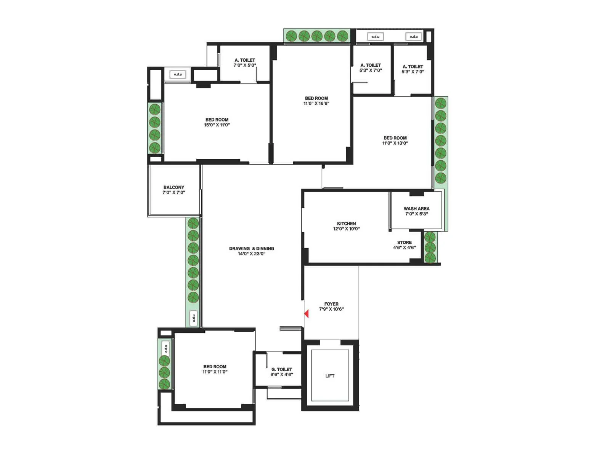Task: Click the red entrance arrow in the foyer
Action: pyautogui.click(x=307, y=314)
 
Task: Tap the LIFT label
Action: pyautogui.click(x=330, y=376)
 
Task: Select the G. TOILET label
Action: pyautogui.click(x=282, y=369)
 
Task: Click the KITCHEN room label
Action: pyautogui.click(x=346, y=224)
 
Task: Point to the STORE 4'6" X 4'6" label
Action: pyautogui.click(x=404, y=245)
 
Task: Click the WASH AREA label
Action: pyautogui.click(x=416, y=209)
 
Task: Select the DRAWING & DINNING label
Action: pyautogui.click(x=252, y=248)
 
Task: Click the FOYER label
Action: pyautogui.click(x=331, y=304)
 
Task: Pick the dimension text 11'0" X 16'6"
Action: pyautogui.click(x=316, y=103)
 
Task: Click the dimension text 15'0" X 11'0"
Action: pyautogui.click(x=217, y=125)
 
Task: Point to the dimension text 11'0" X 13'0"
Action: pyautogui.click(x=395, y=143)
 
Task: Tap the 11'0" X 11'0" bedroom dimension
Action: pyautogui.click(x=215, y=372)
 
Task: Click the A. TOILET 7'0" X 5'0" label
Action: pyautogui.click(x=245, y=62)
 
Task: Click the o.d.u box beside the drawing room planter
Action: pyautogui.click(x=194, y=318)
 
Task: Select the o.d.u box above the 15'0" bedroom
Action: pyautogui.click(x=178, y=74)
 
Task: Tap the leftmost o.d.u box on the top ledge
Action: pyautogui.click(x=375, y=37)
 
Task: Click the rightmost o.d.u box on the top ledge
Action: pyautogui.click(x=414, y=37)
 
